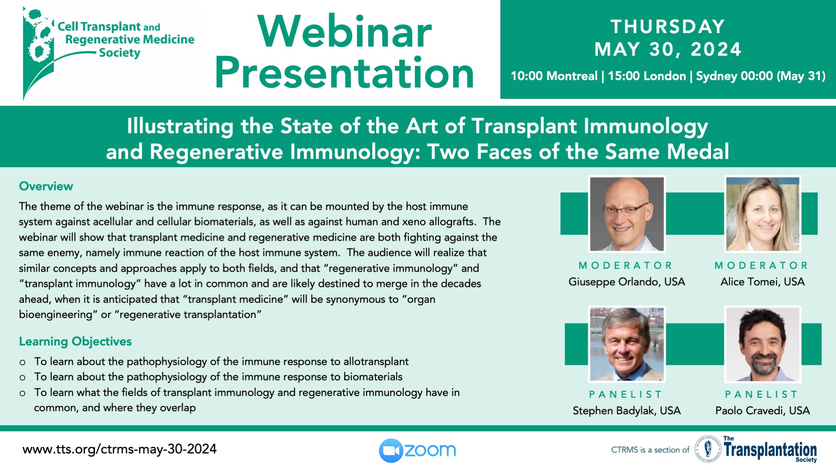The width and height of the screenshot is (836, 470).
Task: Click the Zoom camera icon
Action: [x=391, y=450]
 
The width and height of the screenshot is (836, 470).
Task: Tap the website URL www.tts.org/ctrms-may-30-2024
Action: [x=120, y=449]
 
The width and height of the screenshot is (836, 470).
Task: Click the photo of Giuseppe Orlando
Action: [x=627, y=214]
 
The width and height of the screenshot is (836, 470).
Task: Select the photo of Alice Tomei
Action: [x=763, y=214]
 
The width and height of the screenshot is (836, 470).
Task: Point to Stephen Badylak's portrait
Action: [x=627, y=344]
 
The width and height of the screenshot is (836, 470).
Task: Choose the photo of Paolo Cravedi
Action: [x=763, y=344]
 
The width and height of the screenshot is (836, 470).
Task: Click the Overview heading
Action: [x=46, y=186]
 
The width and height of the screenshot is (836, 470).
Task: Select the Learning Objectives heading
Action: [x=75, y=342]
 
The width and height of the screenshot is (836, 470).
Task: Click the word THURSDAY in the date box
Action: [x=668, y=27]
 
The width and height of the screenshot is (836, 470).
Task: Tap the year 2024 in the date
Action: [x=716, y=49]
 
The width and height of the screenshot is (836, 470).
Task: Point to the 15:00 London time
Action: [x=647, y=76]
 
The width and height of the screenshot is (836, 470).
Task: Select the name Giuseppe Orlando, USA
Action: [x=627, y=282]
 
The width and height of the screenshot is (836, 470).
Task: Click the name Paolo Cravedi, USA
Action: [x=763, y=411]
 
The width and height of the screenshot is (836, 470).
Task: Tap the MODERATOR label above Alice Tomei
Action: [x=761, y=265]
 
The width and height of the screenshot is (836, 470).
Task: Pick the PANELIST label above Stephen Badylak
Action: [x=626, y=394]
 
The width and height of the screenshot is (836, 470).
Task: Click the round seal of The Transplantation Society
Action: [x=708, y=449]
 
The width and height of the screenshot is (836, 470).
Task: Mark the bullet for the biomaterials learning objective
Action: [x=23, y=378]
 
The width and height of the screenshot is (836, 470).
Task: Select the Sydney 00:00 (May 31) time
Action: [x=761, y=76]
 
